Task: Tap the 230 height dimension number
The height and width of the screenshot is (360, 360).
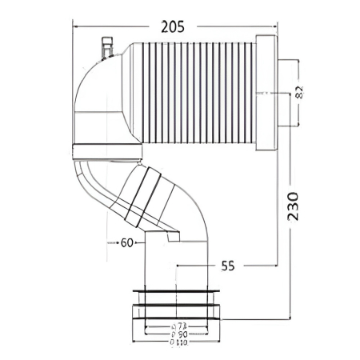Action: click(x=292, y=206)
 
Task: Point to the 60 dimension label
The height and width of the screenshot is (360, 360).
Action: click(x=126, y=244)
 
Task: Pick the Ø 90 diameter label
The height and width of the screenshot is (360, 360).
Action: click(x=180, y=334)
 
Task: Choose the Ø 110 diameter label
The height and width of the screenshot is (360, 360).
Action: click(x=180, y=342)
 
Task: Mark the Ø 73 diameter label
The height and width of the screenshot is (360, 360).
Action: click(x=180, y=326)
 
